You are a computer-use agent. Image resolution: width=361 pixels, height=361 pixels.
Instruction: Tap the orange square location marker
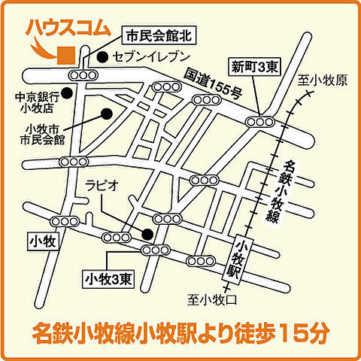tap(65, 54)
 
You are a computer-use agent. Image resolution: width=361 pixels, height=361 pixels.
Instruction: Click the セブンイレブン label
tap(150, 56)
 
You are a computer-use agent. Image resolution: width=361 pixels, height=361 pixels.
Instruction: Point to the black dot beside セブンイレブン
tap(102, 56)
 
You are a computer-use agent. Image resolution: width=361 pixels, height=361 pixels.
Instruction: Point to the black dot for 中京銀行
tap(68, 93)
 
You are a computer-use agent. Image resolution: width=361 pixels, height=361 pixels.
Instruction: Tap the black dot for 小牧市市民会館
tap(107, 114)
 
